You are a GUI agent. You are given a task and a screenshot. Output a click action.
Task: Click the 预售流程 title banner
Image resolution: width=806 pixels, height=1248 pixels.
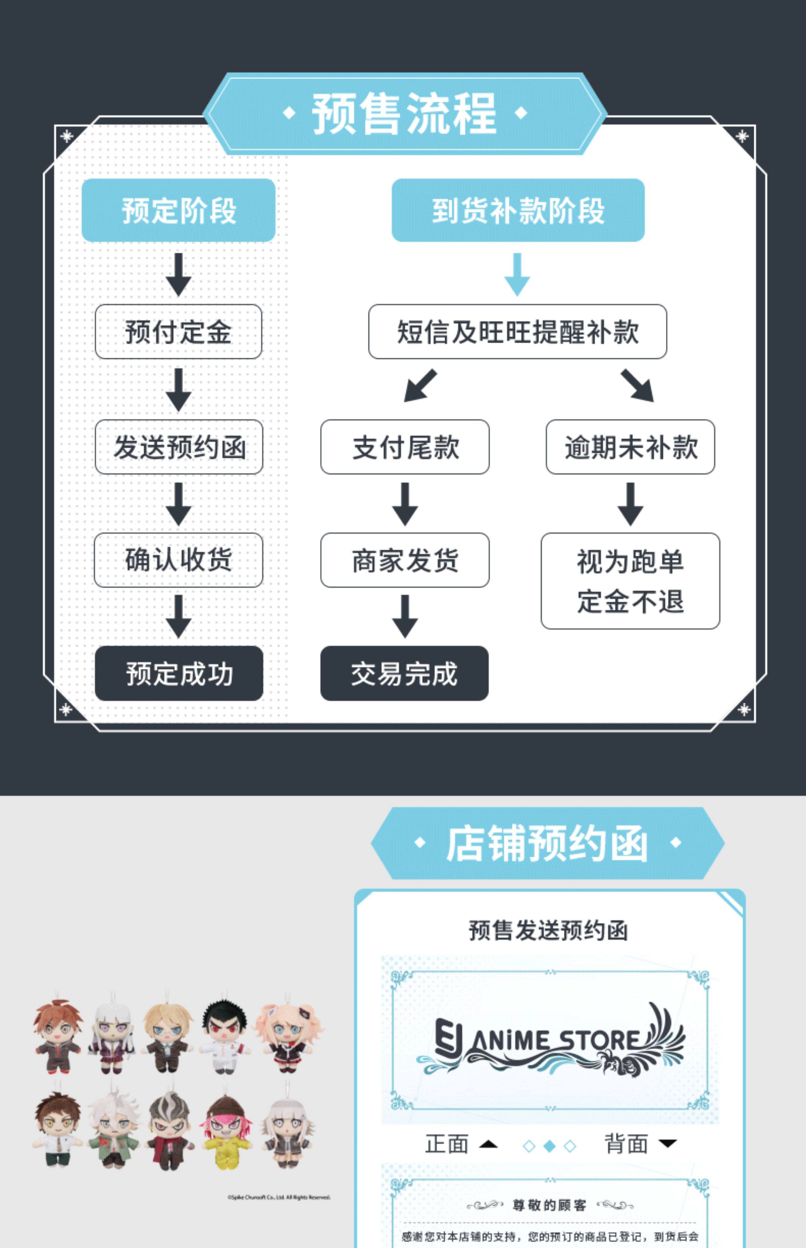[x=404, y=113]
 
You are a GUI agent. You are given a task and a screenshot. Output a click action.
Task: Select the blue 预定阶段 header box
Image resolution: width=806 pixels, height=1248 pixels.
[x=178, y=210]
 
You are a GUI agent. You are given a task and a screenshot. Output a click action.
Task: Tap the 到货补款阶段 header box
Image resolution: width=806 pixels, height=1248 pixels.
[x=518, y=210]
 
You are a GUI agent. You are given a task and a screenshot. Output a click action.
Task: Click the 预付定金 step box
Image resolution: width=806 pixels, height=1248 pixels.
[x=178, y=332]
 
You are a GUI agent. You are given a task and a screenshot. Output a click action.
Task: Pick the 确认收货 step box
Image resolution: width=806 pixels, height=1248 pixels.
[x=178, y=560]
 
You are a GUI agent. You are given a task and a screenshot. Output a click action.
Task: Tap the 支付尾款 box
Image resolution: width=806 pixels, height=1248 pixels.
[x=405, y=447]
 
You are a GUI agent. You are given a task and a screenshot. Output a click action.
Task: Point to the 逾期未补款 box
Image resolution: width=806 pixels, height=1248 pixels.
[x=630, y=447]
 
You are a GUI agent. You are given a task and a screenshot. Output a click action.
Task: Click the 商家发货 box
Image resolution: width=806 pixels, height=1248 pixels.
[x=405, y=560]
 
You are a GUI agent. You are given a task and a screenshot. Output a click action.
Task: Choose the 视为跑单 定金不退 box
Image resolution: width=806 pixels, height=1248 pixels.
[x=630, y=581]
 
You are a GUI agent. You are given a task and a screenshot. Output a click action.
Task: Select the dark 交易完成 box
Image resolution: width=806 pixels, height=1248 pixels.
[x=404, y=673]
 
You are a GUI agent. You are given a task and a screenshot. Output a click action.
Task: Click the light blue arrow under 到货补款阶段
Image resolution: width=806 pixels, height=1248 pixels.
[x=517, y=274]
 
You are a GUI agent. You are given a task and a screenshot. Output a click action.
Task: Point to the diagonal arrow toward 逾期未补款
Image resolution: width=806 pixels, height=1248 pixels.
[x=637, y=386]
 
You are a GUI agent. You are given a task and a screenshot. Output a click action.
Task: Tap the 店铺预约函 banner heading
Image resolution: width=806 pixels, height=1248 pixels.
[x=547, y=843]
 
